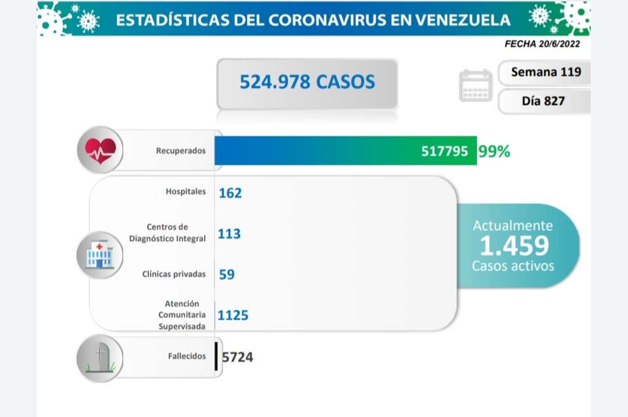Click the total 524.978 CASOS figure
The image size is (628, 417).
pos(307,82)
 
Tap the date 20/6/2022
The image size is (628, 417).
pos(558,44)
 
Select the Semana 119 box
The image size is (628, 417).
pos(545,73)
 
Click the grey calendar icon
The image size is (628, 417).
pos(476,86)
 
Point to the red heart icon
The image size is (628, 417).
pos(100,150)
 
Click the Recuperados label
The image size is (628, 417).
pos(181,151)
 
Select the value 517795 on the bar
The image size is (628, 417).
pos(444,151)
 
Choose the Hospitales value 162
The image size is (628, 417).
pos(230,193)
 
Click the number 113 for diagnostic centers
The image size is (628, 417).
pos(229,234)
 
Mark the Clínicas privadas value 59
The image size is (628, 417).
pos(227,274)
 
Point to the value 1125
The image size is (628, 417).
pos(233,315)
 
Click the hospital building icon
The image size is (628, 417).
pos(100,255)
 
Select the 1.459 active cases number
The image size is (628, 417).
pos(513,246)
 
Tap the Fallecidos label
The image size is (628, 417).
pos(186,356)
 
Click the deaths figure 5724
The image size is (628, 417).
pos(237,357)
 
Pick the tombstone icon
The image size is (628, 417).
pos(101,357)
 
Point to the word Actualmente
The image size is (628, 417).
pos(513,226)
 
